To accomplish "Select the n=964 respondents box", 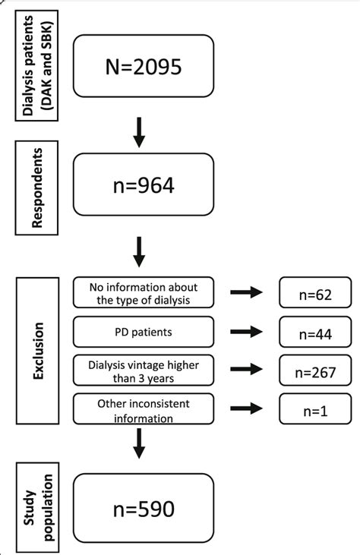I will pyautogui.click(x=144, y=184).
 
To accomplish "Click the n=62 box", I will pyautogui.click(x=315, y=292).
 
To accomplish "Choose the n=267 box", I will pyautogui.click(x=315, y=371).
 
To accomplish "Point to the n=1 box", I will pyautogui.click(x=315, y=411).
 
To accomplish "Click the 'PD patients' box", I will pyautogui.click(x=144, y=332).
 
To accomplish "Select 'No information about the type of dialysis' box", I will pyautogui.click(x=144, y=292).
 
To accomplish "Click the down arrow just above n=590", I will pyautogui.click(x=138, y=443).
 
